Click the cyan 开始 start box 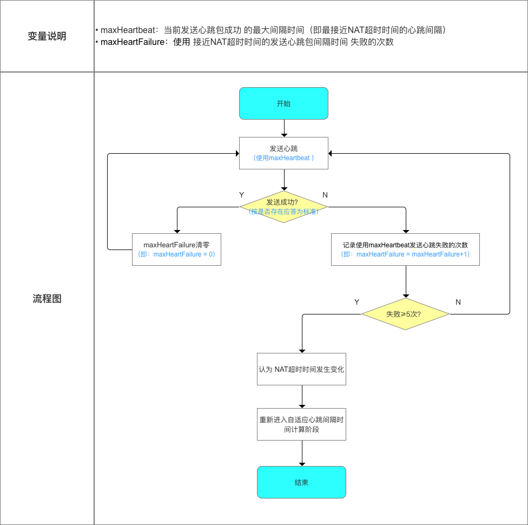[283, 103]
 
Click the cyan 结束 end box [301, 482]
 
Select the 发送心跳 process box [283, 153]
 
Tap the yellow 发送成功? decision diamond [283, 207]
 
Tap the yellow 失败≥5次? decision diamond [405, 314]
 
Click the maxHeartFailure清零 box [176, 250]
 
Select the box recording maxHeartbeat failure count [405, 250]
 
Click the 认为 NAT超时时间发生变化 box [301, 370]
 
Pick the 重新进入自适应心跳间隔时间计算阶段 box [301, 424]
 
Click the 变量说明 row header [47, 36]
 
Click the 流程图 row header [47, 299]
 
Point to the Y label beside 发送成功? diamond [241, 194]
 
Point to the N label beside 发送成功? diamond [325, 194]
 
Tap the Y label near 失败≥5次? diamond [357, 302]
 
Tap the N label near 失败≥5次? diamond [458, 302]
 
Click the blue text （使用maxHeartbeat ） [283, 158]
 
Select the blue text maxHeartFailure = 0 [184, 254]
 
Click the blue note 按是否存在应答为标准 [283, 212]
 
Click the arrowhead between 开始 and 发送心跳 [283, 134]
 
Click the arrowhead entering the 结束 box [301, 463]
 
